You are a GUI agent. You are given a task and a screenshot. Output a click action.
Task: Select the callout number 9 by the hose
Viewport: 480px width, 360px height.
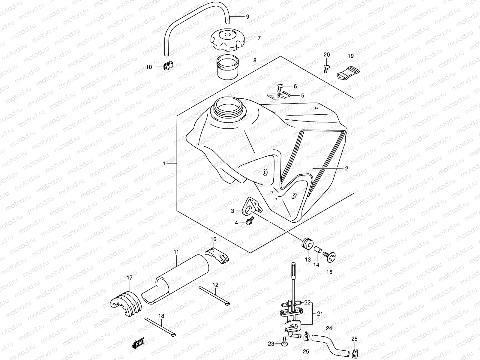247,17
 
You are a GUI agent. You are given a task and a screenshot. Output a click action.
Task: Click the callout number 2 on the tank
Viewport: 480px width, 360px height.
346,169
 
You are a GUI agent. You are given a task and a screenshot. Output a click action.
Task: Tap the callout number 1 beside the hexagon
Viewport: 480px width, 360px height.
164,163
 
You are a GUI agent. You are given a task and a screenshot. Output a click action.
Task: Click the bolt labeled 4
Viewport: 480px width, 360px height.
249,222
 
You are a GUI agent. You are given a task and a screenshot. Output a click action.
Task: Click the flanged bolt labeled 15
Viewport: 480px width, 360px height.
330,256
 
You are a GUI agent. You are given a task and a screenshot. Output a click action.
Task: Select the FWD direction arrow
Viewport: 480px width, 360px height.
138,343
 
